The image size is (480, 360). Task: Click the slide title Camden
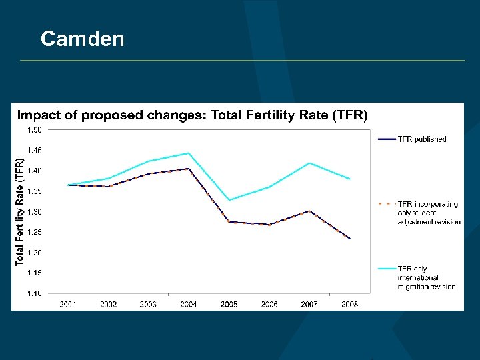pos(82,39)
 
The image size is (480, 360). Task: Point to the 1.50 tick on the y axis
pos(34,130)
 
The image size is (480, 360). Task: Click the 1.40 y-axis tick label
pos(34,171)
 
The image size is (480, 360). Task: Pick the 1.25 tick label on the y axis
pos(34,232)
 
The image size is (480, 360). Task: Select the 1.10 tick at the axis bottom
pos(34,293)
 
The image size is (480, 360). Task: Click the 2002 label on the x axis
pos(109,304)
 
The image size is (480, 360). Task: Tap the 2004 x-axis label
pos(189,304)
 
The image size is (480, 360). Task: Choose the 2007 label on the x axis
pos(309,304)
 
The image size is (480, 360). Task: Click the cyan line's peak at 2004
pos(189,153)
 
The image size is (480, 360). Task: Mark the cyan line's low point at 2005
pos(229,200)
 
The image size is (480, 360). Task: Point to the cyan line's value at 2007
pos(309,163)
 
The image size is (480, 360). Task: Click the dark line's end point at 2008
pos(350,239)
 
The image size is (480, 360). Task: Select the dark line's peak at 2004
pos(189,169)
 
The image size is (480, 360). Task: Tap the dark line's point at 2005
pos(229,221)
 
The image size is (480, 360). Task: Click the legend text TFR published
pos(422,139)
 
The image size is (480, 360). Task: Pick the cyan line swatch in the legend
pos(387,269)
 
